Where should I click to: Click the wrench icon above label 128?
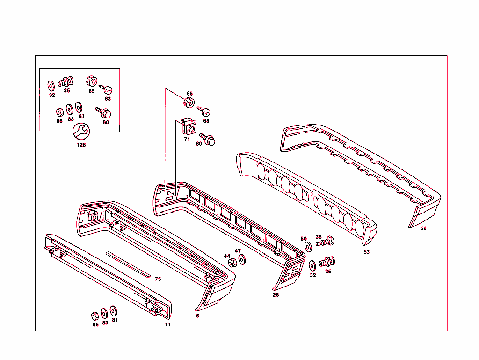click(81, 132)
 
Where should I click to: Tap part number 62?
click(423, 228)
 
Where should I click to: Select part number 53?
click(366, 252)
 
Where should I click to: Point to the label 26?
click(276, 295)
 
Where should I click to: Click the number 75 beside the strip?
click(158, 279)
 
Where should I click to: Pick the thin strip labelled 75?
click(128, 264)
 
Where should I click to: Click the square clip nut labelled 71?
click(189, 126)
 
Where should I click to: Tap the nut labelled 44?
click(232, 263)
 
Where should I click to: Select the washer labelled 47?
click(242, 260)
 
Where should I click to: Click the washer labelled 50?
click(308, 247)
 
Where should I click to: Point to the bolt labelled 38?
click(325, 242)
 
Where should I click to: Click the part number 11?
click(167, 324)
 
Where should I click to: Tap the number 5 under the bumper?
click(198, 316)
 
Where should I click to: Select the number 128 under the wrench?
click(81, 145)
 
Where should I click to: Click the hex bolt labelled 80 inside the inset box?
click(103, 112)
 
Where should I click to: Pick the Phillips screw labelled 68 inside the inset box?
click(106, 89)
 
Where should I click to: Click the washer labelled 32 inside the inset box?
click(51, 86)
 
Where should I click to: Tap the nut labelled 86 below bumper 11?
click(95, 316)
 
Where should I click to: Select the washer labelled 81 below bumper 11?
click(113, 311)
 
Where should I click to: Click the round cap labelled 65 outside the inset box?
click(189, 103)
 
